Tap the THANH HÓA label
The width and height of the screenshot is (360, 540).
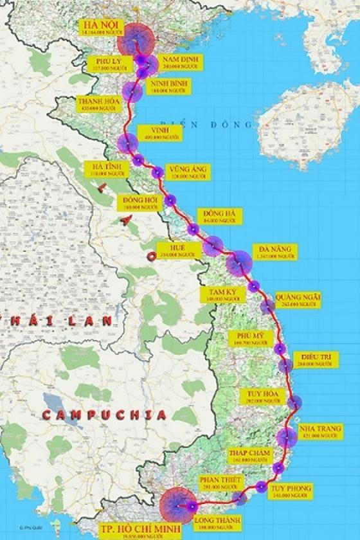(97, 105)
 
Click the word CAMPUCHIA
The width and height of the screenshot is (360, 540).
(105, 415)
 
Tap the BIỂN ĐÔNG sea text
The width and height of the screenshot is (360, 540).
(207, 123)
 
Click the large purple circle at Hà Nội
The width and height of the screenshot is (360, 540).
(136, 41)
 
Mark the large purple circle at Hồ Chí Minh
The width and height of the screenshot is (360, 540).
(178, 504)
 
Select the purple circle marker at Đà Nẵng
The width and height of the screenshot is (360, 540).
(239, 263)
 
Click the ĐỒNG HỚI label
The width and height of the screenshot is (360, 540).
(142, 203)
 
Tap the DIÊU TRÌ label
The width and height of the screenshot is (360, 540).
(315, 360)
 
